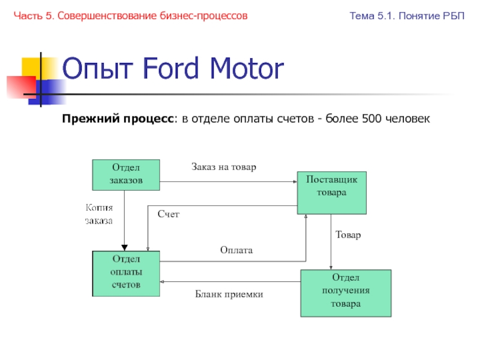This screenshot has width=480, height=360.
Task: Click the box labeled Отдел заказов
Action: pos(125,174)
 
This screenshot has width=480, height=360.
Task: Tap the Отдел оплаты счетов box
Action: pos(125,273)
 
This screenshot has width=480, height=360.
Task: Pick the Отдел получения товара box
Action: pos(346,293)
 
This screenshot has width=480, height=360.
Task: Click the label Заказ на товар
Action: pos(224,167)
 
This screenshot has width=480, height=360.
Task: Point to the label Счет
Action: pos(169,214)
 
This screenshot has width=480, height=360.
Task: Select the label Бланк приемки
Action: pos(229,295)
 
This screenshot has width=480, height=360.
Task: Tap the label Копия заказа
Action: pos(99,214)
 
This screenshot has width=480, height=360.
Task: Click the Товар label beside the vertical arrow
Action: pos(348,235)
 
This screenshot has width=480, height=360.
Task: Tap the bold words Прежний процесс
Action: pos(118,120)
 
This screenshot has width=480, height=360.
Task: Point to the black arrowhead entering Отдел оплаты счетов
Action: pos(125,247)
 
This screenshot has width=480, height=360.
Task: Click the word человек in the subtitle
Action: pos(408,120)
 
